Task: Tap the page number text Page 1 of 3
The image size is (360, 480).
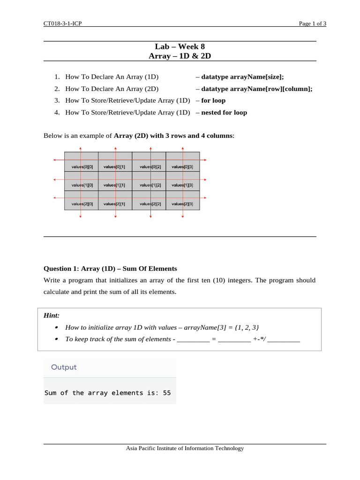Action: point(313,24)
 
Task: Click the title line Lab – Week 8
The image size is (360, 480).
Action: point(180,46)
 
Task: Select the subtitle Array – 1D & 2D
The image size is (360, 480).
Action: point(180,56)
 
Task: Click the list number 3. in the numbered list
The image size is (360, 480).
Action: point(57,100)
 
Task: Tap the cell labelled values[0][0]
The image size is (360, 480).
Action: point(82,167)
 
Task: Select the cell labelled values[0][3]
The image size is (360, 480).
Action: point(182,167)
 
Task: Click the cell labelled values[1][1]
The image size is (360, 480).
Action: point(114,185)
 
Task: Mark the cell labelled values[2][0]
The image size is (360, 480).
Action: point(82,204)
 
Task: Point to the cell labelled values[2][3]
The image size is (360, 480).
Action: point(182,204)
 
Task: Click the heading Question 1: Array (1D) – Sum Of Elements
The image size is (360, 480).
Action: point(110,269)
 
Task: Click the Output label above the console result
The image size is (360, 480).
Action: point(64,367)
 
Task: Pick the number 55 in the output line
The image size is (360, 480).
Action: point(167,393)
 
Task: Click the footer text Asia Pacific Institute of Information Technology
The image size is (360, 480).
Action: point(185,448)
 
